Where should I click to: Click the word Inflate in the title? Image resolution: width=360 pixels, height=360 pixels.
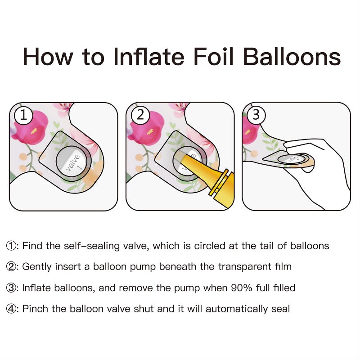149,57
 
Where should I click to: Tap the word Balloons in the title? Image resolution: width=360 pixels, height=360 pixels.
292,57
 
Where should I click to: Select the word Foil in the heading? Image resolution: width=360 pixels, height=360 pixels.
213,57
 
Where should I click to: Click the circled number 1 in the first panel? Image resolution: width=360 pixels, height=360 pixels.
24,115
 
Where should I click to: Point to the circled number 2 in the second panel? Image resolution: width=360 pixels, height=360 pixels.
140,115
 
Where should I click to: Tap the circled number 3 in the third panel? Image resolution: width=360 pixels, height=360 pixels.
256,115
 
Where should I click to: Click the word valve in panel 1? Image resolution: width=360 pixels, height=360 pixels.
72,162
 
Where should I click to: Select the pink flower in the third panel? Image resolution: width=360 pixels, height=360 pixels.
250,130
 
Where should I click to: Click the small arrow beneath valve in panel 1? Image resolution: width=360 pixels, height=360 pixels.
80,166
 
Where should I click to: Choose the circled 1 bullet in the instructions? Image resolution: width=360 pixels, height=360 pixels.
11,246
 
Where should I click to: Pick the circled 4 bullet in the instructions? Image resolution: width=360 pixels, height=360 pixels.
11,309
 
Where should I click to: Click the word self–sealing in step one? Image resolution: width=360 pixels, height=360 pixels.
92,246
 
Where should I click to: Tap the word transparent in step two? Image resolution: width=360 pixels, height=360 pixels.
244,267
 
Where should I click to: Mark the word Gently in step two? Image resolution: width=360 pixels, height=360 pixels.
37,267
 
